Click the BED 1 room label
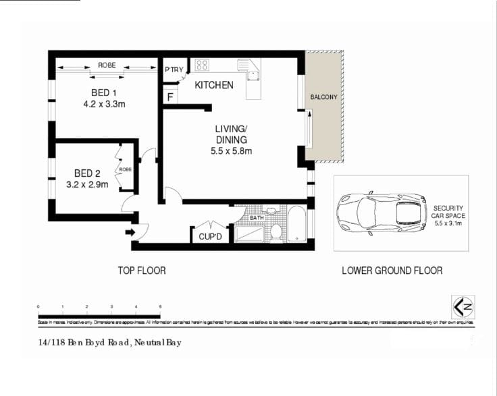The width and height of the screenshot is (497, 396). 104,92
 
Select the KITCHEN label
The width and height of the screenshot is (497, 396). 214,85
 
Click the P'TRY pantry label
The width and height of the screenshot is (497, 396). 174,69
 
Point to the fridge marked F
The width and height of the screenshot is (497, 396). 171,97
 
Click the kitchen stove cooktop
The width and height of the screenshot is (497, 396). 202,65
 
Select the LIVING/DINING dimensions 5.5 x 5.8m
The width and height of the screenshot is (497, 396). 232,151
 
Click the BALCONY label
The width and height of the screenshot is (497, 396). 323,97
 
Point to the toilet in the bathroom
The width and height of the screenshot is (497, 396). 276,231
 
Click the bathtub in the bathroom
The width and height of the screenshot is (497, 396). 297,225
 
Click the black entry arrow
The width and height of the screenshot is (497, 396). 130,233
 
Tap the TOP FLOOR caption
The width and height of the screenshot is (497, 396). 142,271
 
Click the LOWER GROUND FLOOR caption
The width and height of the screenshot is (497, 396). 392,271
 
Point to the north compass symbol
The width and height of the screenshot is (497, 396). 462,307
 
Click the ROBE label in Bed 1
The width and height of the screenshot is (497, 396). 107,65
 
